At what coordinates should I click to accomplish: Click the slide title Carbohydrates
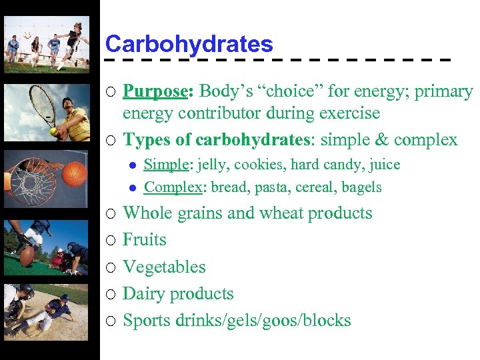coord(189,44)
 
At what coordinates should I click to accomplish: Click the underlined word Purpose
coord(155,91)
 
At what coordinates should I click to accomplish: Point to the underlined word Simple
coord(164,165)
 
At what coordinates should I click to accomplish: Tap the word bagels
coord(361,188)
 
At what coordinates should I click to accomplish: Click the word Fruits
coord(145,239)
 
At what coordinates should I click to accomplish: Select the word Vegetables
coord(164,267)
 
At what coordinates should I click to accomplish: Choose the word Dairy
coord(143,293)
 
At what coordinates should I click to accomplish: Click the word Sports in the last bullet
coord(147,320)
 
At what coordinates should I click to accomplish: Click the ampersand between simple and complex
coord(382,140)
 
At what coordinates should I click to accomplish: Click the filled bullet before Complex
coord(133,188)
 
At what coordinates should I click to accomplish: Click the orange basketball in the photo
coord(75,175)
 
